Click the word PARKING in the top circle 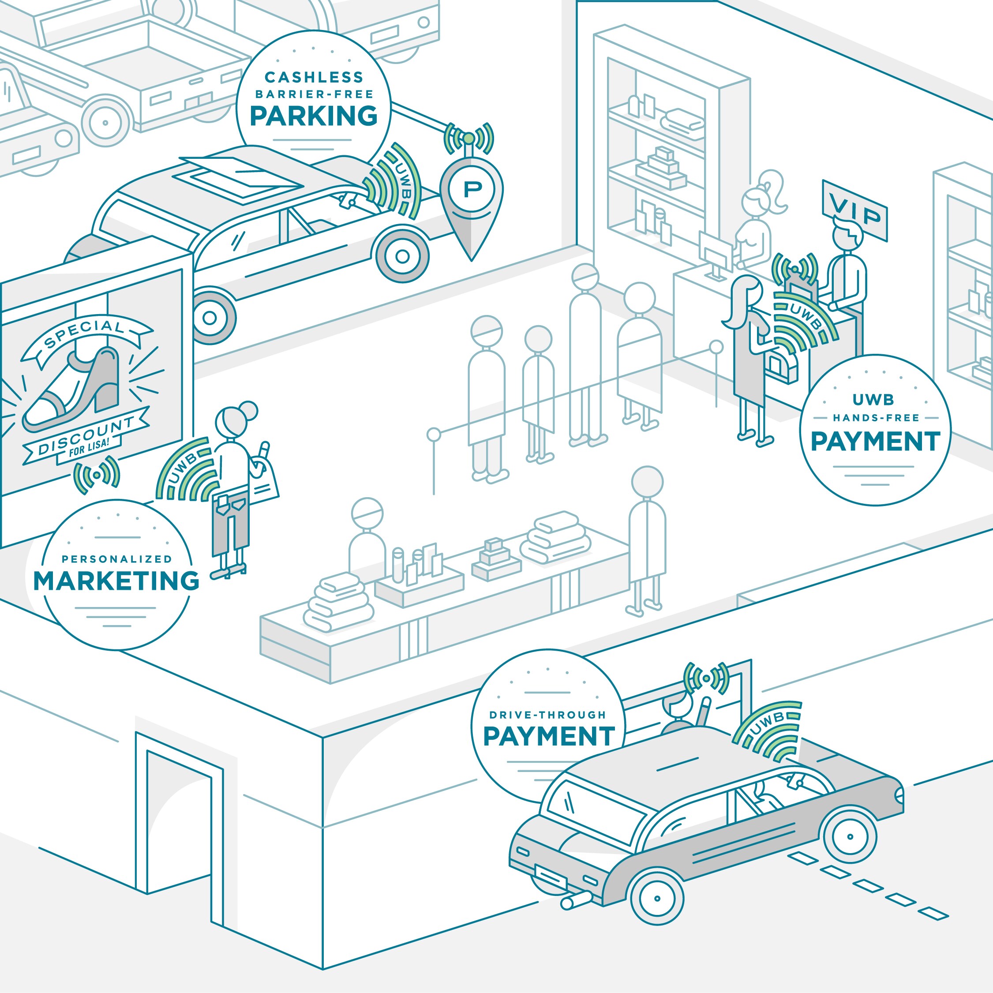314,116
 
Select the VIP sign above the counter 855,211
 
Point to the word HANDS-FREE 876,418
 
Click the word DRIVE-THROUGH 548,715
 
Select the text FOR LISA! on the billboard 89,448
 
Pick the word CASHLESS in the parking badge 314,78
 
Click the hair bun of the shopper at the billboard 248,411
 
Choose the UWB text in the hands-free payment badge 873,399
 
